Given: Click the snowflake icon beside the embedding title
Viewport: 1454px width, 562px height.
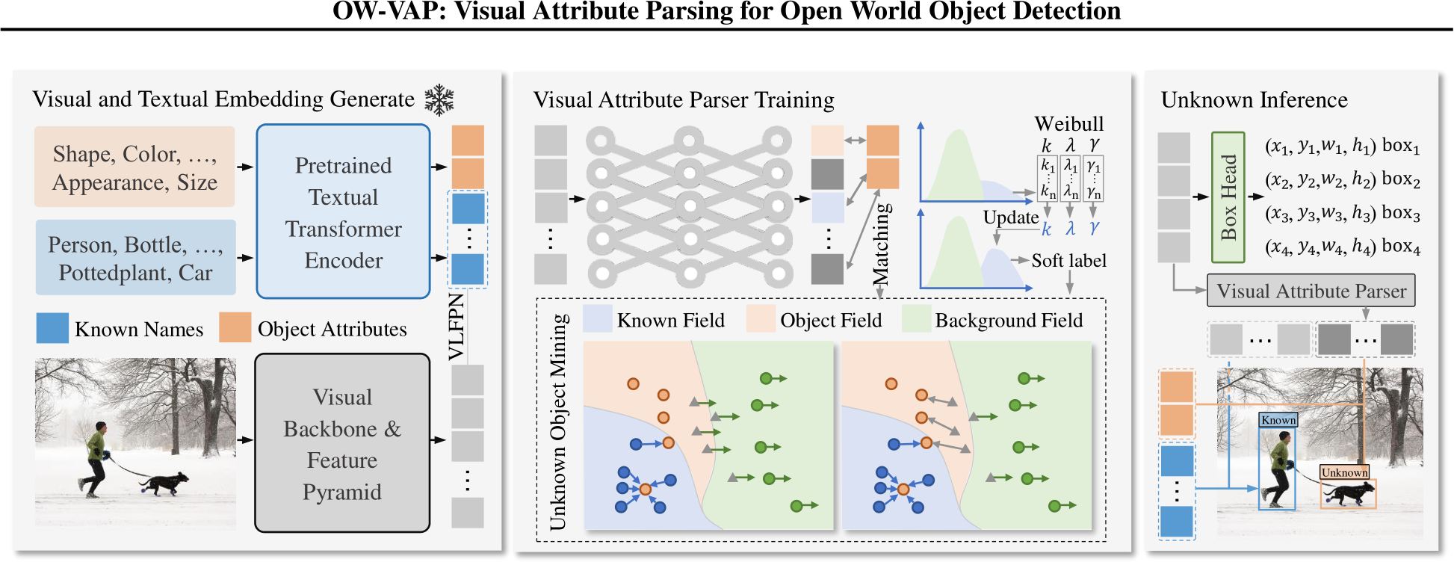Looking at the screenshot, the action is [439, 100].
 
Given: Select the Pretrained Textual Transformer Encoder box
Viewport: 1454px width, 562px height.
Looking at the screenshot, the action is [343, 211].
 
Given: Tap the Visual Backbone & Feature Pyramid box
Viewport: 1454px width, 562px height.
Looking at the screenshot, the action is [342, 443].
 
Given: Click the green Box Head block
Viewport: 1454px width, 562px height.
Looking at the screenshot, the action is [1228, 197].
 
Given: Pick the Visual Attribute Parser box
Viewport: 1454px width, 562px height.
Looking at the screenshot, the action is [1311, 291].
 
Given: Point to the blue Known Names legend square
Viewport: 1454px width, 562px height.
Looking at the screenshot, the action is [52, 328].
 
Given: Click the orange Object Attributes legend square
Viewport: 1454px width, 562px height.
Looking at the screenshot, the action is [235, 327].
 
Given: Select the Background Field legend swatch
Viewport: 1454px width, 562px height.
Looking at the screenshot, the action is [917, 319].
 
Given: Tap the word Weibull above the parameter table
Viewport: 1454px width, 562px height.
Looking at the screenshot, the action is [1068, 123].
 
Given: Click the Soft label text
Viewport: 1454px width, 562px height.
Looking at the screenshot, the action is [1068, 260].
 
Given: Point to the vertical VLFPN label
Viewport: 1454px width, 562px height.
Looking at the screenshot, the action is [457, 327].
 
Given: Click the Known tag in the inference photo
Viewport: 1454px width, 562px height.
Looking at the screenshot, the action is [1278, 420].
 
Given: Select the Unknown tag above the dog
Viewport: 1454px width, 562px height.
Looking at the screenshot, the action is [1344, 472].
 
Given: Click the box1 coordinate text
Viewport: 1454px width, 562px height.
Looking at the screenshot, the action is [1342, 146].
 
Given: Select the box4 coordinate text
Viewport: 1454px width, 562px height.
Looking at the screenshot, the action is [1342, 247].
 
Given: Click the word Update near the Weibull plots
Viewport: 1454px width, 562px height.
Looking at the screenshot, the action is [1010, 217].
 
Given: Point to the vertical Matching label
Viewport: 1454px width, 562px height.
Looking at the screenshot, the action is [882, 244].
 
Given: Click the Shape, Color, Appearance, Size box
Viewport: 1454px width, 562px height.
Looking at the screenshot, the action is [134, 167].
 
